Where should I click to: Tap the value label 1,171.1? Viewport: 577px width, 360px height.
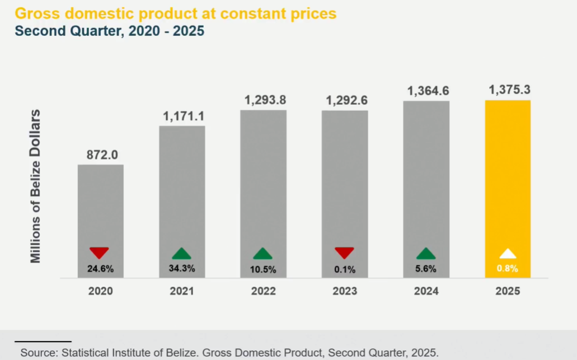[182, 116]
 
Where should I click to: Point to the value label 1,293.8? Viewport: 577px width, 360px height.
[264, 101]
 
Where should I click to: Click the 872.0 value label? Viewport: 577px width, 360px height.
[101, 155]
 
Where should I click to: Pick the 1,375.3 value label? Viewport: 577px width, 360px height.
[509, 90]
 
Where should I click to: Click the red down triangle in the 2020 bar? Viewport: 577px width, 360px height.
[99, 253]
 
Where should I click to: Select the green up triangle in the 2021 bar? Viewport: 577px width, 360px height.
[182, 253]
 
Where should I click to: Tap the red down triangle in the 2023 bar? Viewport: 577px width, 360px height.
[345, 253]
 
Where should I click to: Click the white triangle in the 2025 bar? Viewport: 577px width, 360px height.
[508, 253]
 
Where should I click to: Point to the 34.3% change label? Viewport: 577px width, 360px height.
[182, 268]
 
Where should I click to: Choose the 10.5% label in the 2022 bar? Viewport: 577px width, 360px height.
[263, 269]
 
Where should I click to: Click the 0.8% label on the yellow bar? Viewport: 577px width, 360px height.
[508, 269]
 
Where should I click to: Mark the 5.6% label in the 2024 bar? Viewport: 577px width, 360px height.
[426, 269]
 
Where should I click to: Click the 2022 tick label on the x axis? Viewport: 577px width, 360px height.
[263, 291]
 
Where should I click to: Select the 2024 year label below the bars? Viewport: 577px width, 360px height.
[426, 291]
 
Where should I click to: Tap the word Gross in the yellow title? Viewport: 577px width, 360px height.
[37, 12]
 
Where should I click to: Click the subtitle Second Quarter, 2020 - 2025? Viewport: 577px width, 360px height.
[110, 31]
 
